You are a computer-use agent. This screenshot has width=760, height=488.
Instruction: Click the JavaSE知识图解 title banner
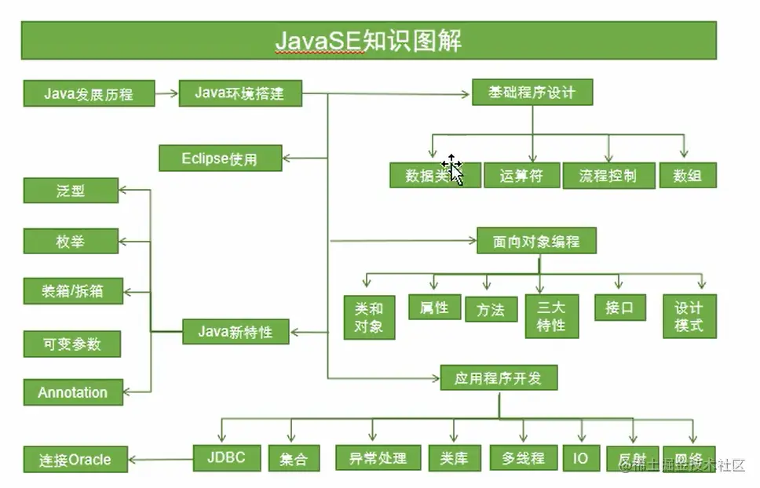pyautogui.click(x=368, y=40)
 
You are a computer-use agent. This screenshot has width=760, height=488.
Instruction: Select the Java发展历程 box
pyautogui.click(x=89, y=93)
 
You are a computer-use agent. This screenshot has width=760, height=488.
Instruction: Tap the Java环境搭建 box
pyautogui.click(x=239, y=93)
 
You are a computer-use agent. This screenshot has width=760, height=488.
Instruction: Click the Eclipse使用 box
pyautogui.click(x=220, y=158)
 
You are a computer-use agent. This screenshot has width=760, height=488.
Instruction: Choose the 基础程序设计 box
pyautogui.click(x=532, y=92)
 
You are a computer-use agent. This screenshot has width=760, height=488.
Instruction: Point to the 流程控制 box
pyautogui.click(x=608, y=175)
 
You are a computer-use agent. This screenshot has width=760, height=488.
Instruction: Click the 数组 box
pyautogui.click(x=688, y=175)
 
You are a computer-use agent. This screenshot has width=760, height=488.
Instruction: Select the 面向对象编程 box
pyautogui.click(x=536, y=241)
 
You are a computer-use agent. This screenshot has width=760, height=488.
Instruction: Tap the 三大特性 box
pyautogui.click(x=551, y=316)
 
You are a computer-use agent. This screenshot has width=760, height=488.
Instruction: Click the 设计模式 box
pyautogui.click(x=689, y=316)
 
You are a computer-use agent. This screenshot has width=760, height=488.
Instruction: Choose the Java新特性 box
pyautogui.click(x=236, y=331)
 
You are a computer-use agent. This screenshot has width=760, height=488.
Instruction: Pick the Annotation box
pyautogui.click(x=73, y=392)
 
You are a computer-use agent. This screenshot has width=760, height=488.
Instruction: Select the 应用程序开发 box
pyautogui.click(x=499, y=378)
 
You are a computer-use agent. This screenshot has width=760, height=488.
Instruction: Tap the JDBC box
pyautogui.click(x=227, y=457)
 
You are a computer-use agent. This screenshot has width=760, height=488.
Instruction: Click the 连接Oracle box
pyautogui.click(x=75, y=460)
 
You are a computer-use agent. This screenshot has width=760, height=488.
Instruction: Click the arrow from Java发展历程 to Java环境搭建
pyautogui.click(x=166, y=93)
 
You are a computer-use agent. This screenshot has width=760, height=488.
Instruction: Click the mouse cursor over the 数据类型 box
pyautogui.click(x=453, y=169)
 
